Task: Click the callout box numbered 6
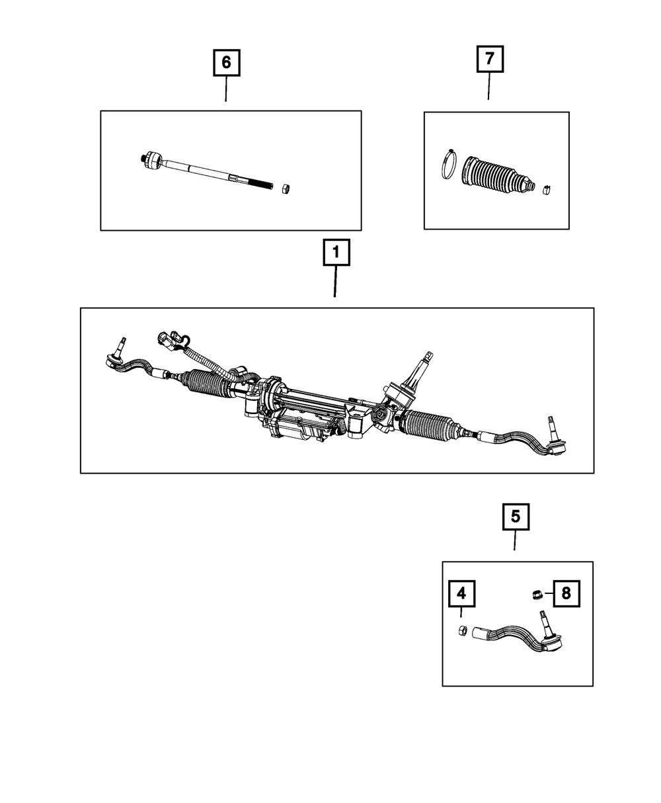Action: (x=226, y=63)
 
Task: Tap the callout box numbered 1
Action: (x=336, y=253)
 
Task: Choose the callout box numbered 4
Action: (x=461, y=594)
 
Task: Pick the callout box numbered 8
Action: (x=566, y=593)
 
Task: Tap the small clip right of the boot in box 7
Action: (x=547, y=190)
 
